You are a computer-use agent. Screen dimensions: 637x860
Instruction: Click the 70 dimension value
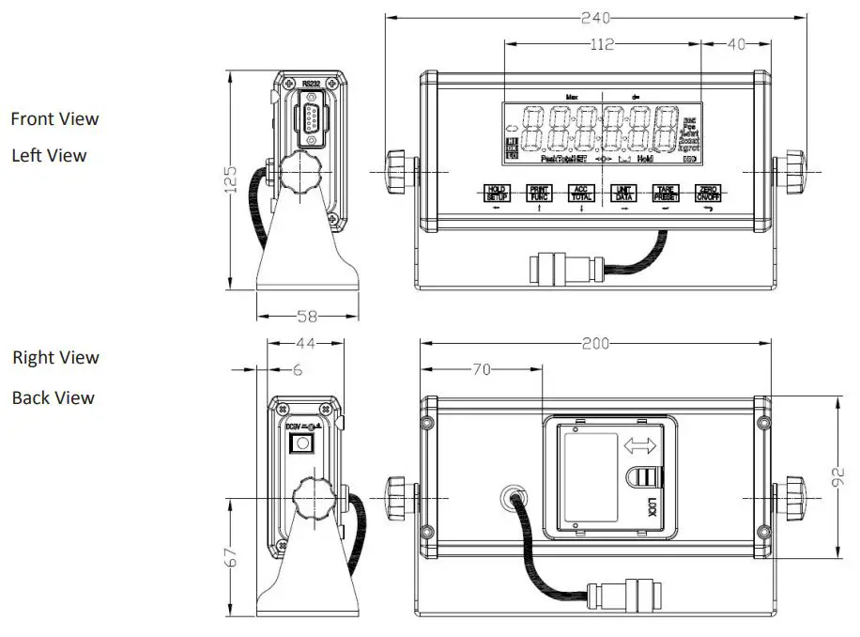482,370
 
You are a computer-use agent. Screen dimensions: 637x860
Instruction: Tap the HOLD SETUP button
496,194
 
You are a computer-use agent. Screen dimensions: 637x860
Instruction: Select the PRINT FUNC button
538,194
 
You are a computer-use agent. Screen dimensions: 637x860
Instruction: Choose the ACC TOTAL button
580,194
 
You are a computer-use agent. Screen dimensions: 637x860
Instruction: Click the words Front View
54,119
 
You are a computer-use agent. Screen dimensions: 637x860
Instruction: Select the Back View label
54,398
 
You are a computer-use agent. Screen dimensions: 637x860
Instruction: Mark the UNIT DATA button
622,194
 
